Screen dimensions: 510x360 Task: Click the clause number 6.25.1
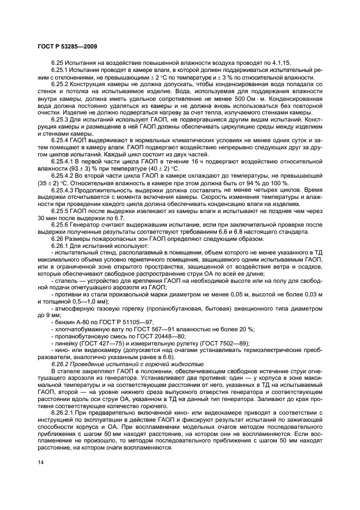pos(62,71)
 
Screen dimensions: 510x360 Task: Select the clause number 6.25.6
pos(62,223)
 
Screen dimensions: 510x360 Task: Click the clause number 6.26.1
pos(62,244)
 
